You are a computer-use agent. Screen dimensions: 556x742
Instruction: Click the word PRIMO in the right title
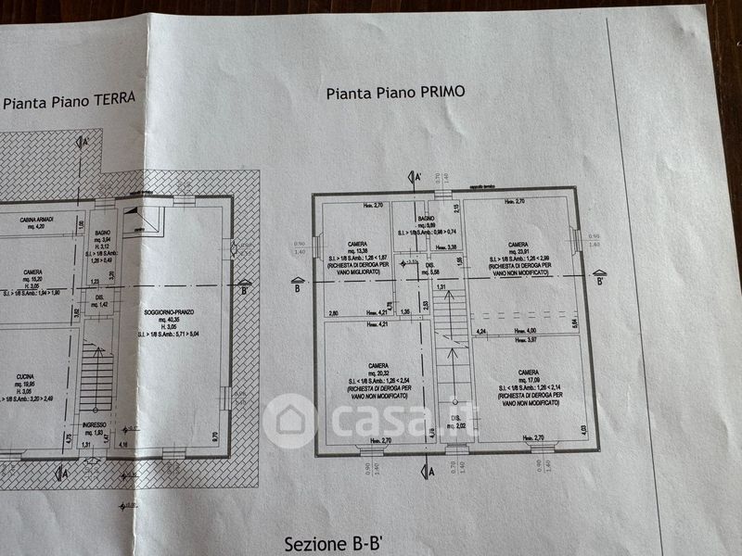[441, 92]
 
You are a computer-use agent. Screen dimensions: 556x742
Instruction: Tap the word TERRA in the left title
[111, 99]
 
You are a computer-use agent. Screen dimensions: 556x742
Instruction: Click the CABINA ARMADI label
[37, 220]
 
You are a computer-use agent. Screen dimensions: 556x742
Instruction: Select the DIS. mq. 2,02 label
[457, 420]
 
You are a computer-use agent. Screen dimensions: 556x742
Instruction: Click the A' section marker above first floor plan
[417, 176]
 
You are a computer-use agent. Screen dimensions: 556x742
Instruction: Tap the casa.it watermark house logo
[290, 421]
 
